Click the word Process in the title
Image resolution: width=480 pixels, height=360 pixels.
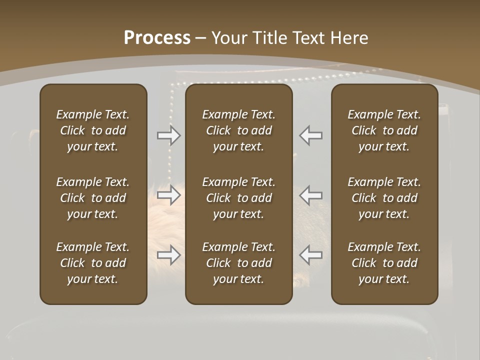coord(157,37)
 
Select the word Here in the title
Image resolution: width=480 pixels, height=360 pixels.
coord(349,37)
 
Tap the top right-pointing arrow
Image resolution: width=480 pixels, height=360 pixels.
coord(169,135)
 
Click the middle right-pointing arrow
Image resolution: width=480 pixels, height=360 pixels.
coord(169,195)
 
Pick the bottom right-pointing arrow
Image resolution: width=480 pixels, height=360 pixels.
coord(169,255)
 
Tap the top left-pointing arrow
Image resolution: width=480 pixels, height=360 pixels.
coord(310,135)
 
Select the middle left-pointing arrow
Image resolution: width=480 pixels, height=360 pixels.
coord(310,195)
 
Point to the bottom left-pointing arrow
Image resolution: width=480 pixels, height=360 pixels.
coord(310,255)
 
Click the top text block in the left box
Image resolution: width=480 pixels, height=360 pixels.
coord(93,130)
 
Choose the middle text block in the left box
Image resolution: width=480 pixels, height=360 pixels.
coord(93,198)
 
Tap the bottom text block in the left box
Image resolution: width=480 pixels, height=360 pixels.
coord(93,263)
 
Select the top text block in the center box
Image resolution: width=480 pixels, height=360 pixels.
coord(238,130)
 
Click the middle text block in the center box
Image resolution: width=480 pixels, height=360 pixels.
coord(238,198)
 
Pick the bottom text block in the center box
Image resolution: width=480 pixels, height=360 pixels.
coord(238,263)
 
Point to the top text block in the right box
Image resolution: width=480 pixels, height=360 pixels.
coord(384,130)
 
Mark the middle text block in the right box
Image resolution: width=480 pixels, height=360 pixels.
coord(384,198)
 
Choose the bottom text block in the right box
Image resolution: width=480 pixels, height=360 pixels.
coord(384,263)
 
